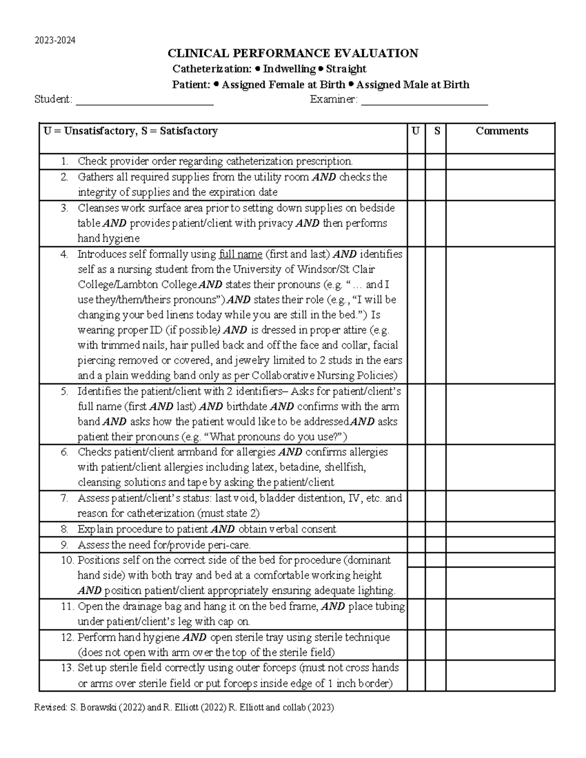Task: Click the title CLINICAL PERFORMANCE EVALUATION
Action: pos(293,53)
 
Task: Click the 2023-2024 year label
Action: pos(55,41)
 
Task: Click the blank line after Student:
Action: pos(145,101)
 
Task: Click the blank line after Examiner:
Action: pos(424,101)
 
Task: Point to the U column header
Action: pos(416,131)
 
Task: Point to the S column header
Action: pos(437,131)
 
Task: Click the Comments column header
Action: pos(502,131)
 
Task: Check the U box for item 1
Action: pos(416,162)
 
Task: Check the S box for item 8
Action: pos(435,530)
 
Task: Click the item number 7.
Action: pos(64,498)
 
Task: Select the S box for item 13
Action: pos(435,676)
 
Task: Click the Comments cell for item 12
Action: pos(500,645)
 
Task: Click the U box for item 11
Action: pos(416,614)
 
